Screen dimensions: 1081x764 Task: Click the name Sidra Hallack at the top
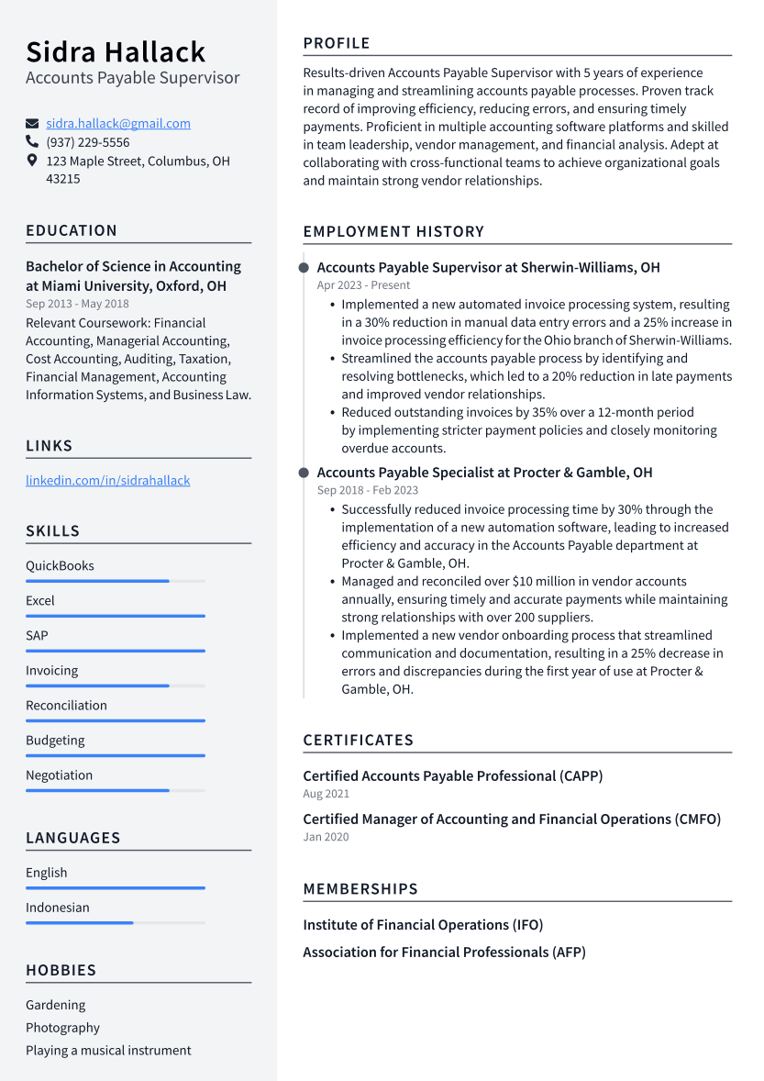(x=116, y=51)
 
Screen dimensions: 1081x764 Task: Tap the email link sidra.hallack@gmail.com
(x=118, y=124)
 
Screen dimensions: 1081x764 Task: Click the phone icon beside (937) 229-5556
(x=32, y=142)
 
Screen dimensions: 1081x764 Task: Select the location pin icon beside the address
(x=32, y=161)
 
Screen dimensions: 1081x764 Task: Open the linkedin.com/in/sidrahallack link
(x=108, y=481)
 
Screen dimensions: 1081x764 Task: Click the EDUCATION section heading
(x=72, y=231)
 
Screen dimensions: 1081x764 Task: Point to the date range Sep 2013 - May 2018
(x=77, y=304)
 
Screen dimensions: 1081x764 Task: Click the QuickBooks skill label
(x=60, y=566)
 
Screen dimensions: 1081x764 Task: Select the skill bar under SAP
(x=116, y=651)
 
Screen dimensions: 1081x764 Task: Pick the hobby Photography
(x=62, y=1028)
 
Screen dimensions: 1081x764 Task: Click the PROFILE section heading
(x=337, y=43)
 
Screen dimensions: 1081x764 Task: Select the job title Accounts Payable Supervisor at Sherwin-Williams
(x=488, y=268)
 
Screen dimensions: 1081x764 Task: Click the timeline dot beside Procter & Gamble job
(x=304, y=473)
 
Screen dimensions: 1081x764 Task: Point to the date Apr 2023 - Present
(x=363, y=285)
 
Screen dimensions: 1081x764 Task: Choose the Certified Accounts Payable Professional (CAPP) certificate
(x=452, y=776)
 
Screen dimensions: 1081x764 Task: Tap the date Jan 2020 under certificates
(x=326, y=837)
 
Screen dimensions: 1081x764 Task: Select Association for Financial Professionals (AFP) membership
(x=444, y=953)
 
